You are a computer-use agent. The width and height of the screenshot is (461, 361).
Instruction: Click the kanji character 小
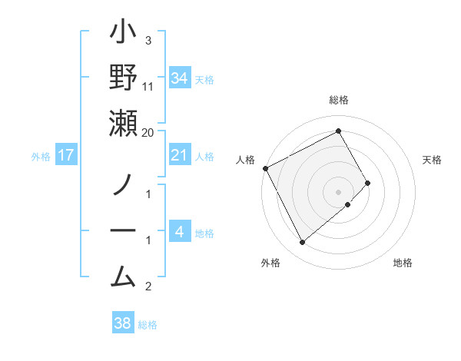pos(124,35)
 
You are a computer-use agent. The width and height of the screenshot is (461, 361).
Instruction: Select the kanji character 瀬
pos(124,123)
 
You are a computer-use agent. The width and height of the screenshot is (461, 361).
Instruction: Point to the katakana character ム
pos(124,274)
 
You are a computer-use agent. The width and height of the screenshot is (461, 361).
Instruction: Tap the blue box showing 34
pos(179,78)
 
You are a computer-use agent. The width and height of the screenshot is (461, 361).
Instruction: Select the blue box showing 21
pos(179,156)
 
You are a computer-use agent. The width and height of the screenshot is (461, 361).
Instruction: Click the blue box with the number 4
pos(179,232)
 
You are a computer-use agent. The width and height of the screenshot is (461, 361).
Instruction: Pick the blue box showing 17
pos(66,156)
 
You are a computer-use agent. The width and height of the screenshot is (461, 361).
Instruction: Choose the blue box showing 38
pos(122,323)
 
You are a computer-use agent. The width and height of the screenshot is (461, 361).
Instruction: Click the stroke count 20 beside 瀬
pos(148,132)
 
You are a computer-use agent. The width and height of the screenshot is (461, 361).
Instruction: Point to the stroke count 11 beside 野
pos(148,87)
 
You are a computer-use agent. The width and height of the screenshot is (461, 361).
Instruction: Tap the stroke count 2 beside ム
pos(148,287)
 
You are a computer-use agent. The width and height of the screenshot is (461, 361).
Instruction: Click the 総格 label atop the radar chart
pos(338,100)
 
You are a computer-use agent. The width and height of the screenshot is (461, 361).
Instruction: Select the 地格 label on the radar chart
pos(403,263)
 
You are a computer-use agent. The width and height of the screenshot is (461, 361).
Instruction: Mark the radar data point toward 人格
pos(265,168)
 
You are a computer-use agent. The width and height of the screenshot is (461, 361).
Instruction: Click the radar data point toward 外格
pos(302,243)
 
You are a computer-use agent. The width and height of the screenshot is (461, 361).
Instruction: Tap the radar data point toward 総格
pos(338,131)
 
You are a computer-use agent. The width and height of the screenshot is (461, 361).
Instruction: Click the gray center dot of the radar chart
pos(338,191)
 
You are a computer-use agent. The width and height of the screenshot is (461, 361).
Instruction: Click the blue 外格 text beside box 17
pos(41,157)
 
